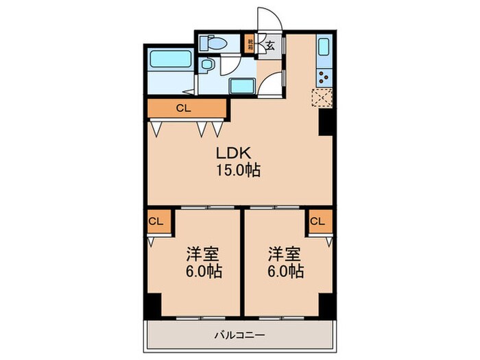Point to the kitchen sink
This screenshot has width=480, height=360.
pyautogui.click(x=324, y=48)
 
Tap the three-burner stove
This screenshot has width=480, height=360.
pyautogui.click(x=323, y=76)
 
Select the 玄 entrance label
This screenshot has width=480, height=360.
pyautogui.click(x=270, y=46)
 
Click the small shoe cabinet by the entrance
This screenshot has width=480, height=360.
pyautogui.click(x=252, y=47)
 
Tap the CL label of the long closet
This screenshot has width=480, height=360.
pyautogui.click(x=183, y=108)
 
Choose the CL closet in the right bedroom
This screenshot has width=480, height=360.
pyautogui.click(x=317, y=221)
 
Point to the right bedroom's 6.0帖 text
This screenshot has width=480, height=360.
pyautogui.click(x=286, y=271)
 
